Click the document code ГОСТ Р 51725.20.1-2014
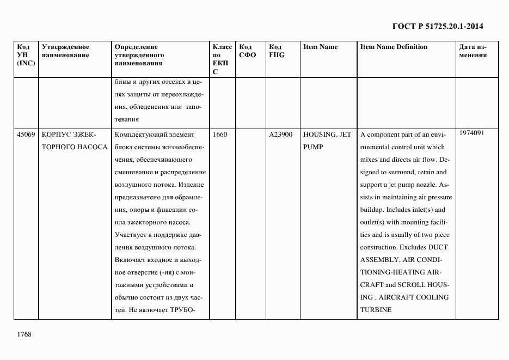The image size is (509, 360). click(x=438, y=26)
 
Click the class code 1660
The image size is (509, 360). click(x=220, y=135)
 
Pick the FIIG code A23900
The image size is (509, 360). click(x=280, y=135)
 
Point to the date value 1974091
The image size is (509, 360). click(x=471, y=133)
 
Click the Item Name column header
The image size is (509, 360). click(x=320, y=47)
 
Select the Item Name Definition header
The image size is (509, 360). click(x=394, y=47)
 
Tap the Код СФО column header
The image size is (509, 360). click(x=247, y=51)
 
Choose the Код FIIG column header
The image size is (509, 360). click(x=277, y=51)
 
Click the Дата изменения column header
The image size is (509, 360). click(x=473, y=51)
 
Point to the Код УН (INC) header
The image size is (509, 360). click(x=26, y=55)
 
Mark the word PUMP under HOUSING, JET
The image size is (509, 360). click(x=313, y=147)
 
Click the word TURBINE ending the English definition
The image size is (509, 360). click(x=375, y=309)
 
